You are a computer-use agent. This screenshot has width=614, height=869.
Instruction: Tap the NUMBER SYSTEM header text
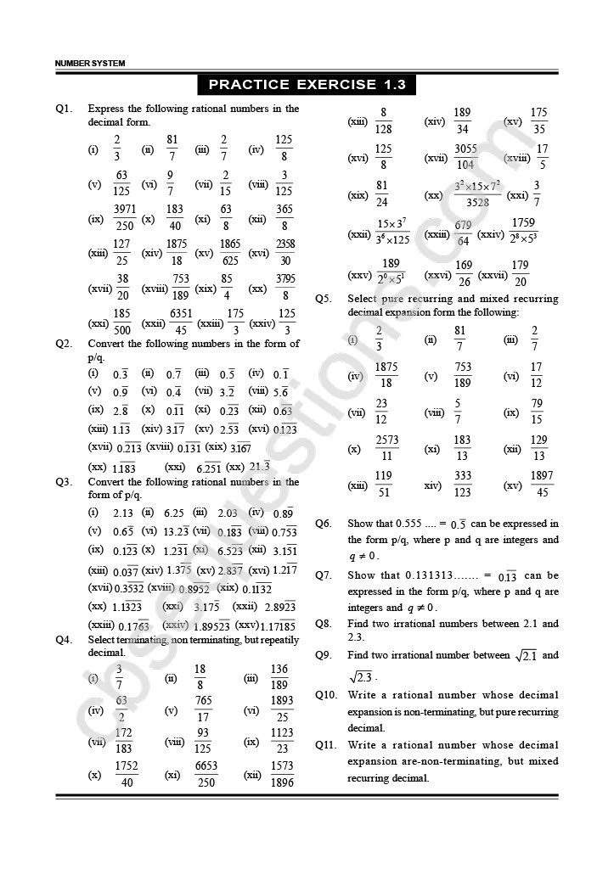(89, 64)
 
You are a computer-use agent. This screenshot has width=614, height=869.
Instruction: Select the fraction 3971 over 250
(124, 218)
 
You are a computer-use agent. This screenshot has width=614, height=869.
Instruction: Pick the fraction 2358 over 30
(285, 253)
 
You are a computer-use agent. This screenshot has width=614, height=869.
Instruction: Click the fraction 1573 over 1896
(282, 774)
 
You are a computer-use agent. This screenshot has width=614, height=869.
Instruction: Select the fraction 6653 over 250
(206, 774)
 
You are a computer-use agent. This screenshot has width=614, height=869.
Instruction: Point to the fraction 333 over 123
(462, 485)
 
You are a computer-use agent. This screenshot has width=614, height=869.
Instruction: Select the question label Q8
(323, 624)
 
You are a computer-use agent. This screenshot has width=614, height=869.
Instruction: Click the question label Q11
(325, 745)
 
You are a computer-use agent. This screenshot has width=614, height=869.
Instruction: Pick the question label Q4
(64, 639)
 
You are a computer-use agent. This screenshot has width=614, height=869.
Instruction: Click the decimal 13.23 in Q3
(176, 531)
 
